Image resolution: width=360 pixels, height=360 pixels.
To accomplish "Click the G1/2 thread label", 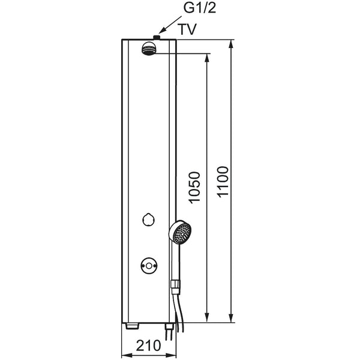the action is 200,9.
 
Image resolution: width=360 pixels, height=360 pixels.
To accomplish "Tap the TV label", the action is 188,29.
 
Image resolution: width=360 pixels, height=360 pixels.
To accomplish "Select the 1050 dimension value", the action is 194,187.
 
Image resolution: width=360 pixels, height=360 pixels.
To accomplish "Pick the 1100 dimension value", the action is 223,182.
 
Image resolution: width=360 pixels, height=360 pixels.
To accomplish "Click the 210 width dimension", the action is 149,346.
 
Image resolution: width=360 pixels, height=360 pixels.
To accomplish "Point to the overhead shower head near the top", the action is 149,49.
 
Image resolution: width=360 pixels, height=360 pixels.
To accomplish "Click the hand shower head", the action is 180,232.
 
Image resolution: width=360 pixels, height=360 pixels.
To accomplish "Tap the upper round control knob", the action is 148,220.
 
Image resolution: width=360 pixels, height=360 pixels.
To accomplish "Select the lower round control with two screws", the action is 149,266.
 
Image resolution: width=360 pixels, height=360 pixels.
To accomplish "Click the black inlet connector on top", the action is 157,37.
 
